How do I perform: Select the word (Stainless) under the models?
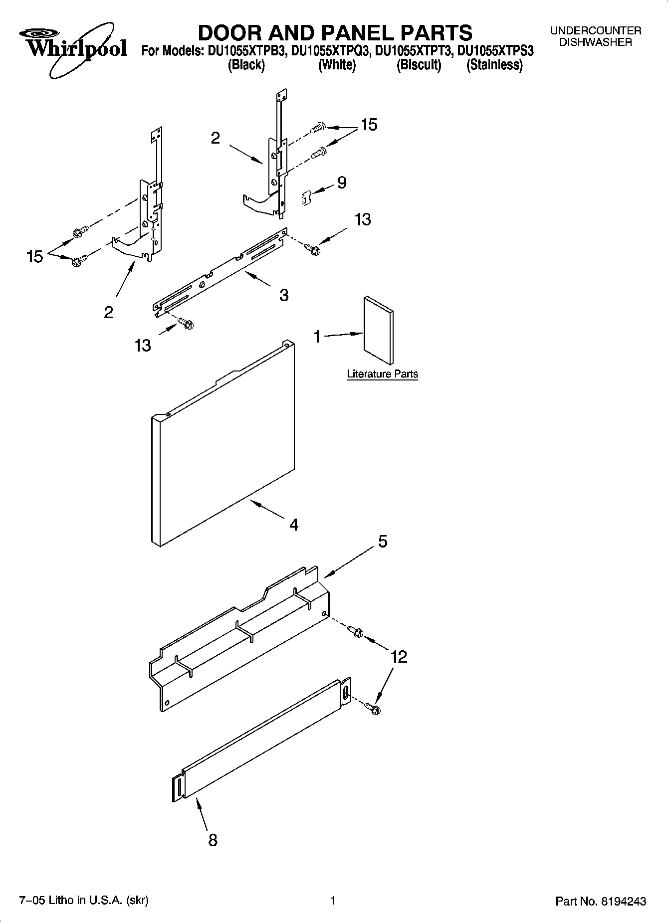pos(494,65)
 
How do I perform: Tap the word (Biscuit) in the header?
pos(419,65)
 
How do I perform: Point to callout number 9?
pos(342,183)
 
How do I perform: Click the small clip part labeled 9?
pos(305,198)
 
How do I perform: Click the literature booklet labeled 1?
pos(378,331)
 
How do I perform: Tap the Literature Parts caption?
pos(382,374)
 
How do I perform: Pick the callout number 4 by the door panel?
pos(293,525)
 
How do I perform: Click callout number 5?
pos(382,541)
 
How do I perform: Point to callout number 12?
pos(399,657)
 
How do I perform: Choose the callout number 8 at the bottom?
pos(213,840)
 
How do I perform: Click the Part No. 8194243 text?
pos(601,901)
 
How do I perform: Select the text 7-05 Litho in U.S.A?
pos(83,901)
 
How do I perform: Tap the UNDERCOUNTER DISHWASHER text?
pos(595,36)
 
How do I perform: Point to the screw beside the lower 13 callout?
pos(186,324)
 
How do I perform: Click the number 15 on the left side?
pos(35,257)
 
